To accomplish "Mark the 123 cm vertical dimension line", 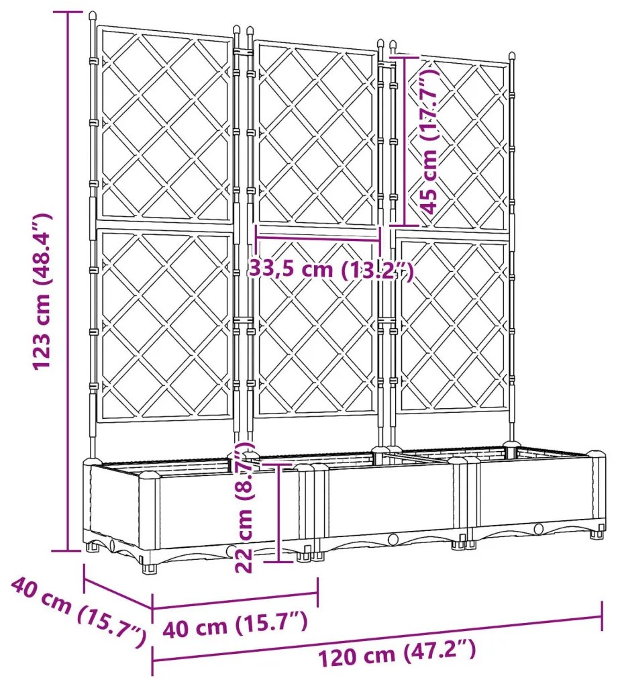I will (x=68, y=282).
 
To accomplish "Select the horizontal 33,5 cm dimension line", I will (x=318, y=236).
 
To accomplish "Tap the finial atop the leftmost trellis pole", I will (x=91, y=15).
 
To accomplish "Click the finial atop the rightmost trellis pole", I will (x=512, y=56).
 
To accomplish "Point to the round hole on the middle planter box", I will (x=393, y=538).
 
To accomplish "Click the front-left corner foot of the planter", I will (x=148, y=569).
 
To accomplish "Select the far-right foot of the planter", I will (x=595, y=535).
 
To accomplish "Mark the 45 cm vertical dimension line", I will (x=403, y=141).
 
